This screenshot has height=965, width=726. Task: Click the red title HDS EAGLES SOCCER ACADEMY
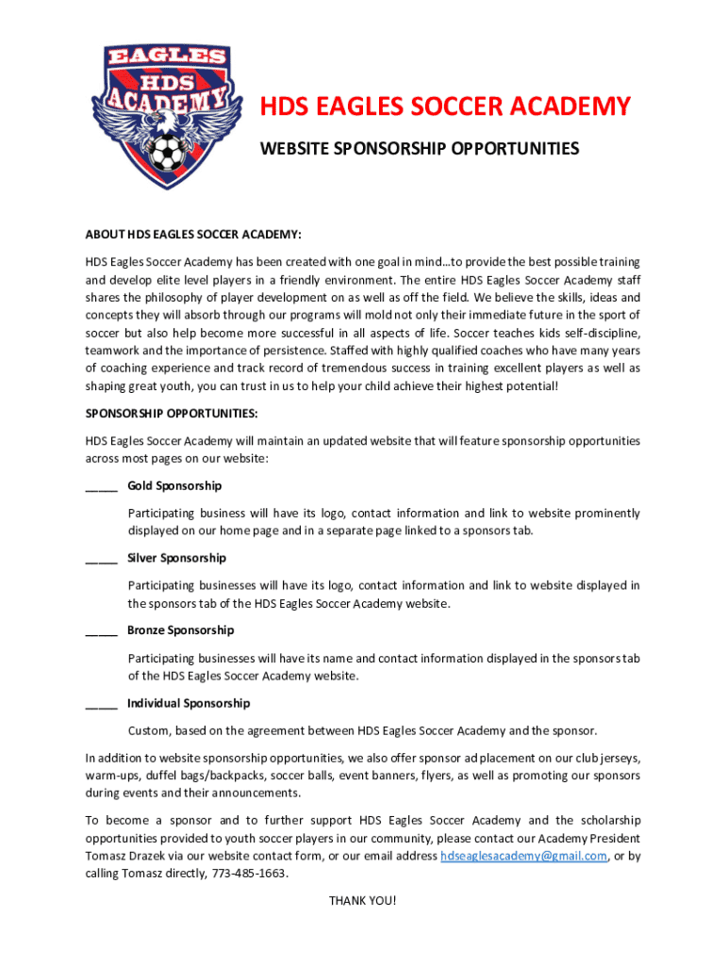[x=445, y=107]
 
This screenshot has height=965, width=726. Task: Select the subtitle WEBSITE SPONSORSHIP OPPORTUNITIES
[x=420, y=149]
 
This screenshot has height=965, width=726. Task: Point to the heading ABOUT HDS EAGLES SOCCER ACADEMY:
[x=193, y=234]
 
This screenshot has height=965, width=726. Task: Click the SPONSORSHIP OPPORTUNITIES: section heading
[x=171, y=414]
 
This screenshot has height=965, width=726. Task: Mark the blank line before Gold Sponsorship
[x=101, y=487]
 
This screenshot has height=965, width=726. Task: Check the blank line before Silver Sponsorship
[x=101, y=560]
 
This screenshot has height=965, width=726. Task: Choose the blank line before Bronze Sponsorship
[x=101, y=631]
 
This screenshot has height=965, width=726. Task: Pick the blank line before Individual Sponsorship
[x=101, y=705]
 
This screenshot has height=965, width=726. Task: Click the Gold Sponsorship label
[x=174, y=486]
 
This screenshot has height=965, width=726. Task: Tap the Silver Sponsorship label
[x=176, y=559]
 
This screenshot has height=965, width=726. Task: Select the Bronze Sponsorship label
[x=180, y=630]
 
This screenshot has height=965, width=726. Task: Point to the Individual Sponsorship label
[x=189, y=704]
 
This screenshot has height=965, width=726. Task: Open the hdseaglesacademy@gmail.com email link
[x=524, y=857]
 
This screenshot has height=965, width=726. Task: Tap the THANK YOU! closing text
[x=363, y=901]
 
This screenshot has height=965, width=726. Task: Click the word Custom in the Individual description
[x=149, y=731]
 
